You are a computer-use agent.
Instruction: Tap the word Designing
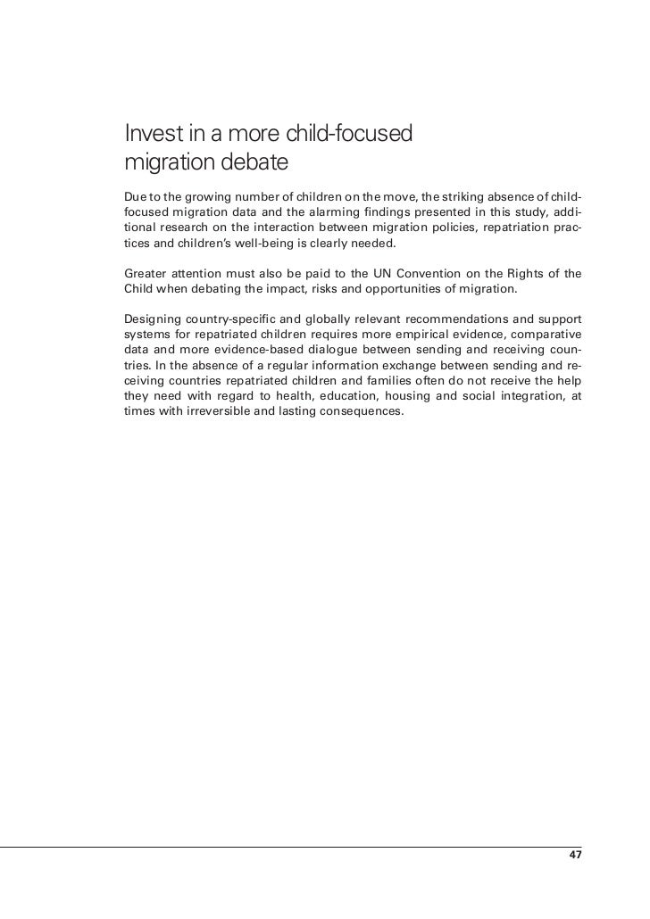pyautogui.click(x=153, y=320)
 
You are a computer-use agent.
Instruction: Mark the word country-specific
pyautogui.click(x=236, y=320)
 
